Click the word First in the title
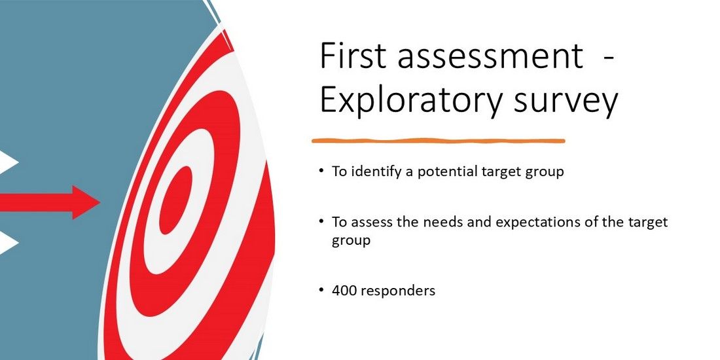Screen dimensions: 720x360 [351, 56]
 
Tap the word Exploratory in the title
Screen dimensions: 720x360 [411, 102]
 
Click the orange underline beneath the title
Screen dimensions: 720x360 [438, 141]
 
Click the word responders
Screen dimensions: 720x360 [397, 291]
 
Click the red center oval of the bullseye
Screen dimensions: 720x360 [176, 200]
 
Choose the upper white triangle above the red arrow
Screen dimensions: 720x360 [9, 162]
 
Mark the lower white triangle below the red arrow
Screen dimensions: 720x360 [9, 242]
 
